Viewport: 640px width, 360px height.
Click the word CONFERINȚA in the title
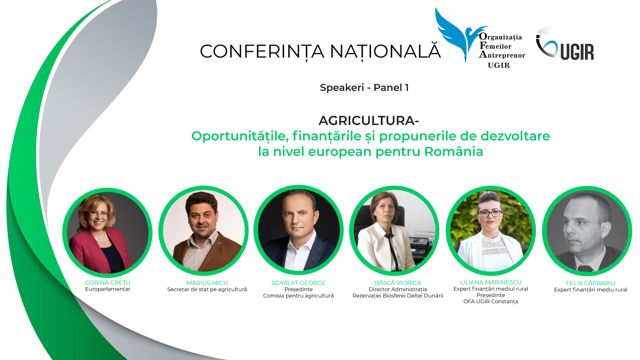262,52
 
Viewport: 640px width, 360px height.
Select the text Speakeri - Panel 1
364,87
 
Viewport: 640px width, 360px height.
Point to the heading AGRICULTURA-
369,120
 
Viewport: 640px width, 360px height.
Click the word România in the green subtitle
454,151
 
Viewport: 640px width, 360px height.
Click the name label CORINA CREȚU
108,283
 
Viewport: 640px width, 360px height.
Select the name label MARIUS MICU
207,283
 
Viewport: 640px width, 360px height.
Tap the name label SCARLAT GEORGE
298,283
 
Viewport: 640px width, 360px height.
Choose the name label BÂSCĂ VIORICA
398,283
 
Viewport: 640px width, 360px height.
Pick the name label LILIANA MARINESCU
491,282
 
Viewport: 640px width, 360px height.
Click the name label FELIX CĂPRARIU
591,283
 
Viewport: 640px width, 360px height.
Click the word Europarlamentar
108,289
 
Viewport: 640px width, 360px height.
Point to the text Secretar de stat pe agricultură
207,289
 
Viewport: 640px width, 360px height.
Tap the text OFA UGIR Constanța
491,302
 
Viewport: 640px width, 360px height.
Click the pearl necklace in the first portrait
101,238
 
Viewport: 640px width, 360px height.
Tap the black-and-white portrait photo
587,231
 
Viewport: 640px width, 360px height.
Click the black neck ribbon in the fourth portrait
391,248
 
